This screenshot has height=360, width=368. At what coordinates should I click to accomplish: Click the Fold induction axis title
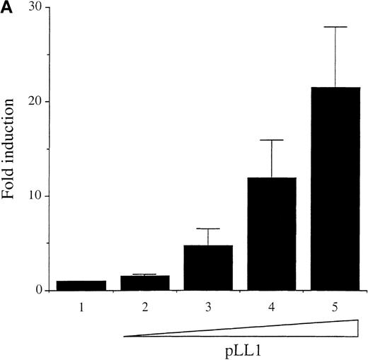[x=11, y=149]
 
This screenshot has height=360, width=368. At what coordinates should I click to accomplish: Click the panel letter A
[x=6, y=8]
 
